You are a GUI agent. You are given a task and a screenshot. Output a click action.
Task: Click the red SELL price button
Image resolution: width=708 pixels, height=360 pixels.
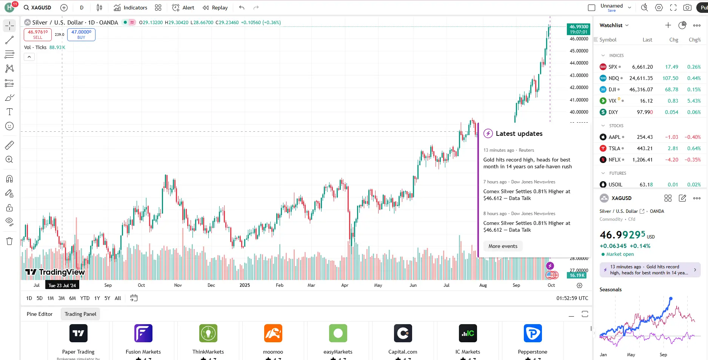pos(38,34)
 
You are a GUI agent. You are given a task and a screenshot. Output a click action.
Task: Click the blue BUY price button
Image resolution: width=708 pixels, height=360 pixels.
pos(81,34)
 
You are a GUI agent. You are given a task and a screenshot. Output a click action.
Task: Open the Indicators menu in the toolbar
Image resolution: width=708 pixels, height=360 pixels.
pos(131,8)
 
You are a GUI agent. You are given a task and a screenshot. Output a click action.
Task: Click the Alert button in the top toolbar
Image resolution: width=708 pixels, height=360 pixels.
pos(183,8)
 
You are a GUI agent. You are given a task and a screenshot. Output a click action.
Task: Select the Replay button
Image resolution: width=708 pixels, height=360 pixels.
pos(215,8)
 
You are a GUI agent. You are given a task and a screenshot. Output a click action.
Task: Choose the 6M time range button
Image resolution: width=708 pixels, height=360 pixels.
pos(72,298)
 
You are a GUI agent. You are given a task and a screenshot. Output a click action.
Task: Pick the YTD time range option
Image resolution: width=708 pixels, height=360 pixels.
pos(85,298)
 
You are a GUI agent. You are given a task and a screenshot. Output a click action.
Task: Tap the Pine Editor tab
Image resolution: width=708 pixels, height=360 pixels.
pos(40,314)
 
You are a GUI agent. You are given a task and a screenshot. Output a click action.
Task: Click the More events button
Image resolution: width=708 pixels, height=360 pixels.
pos(503,246)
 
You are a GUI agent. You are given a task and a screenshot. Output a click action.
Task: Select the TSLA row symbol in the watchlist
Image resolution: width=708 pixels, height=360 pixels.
pos(614,148)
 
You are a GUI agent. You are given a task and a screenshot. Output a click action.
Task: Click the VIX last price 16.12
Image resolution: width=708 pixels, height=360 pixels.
pos(646,101)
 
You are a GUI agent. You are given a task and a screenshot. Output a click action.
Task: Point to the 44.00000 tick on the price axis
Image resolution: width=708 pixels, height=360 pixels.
pos(579,63)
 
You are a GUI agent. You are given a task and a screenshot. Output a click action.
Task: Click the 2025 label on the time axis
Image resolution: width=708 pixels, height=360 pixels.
pos(245,285)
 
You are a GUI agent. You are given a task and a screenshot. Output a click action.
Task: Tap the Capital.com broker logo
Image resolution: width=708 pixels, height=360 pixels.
pos(403,333)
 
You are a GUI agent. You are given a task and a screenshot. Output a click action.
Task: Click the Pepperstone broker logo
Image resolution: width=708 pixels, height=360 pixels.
pos(533,333)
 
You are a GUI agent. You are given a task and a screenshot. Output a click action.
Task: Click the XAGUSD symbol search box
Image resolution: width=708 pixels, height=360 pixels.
pos(38,8)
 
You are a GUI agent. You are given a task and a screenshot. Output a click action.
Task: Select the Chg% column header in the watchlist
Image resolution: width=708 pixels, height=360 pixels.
pos(694,40)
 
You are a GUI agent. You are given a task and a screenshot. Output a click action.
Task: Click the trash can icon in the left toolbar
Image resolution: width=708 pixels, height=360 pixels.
pos(9,241)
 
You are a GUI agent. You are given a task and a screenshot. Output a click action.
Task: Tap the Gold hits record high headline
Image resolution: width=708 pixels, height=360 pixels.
pos(527,163)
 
